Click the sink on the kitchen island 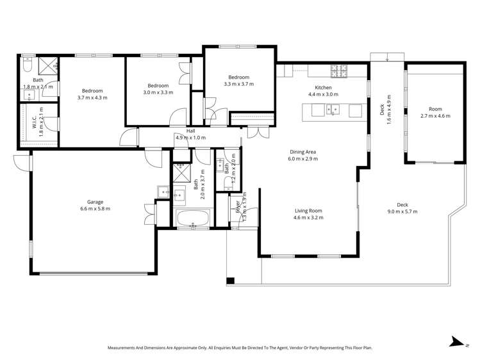point(333,110)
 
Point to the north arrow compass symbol point(456,342)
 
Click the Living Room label point(308,211)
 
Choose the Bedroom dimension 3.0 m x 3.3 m point(158,93)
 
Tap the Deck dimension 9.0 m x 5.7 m point(402,212)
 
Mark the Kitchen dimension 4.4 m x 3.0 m point(322,94)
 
